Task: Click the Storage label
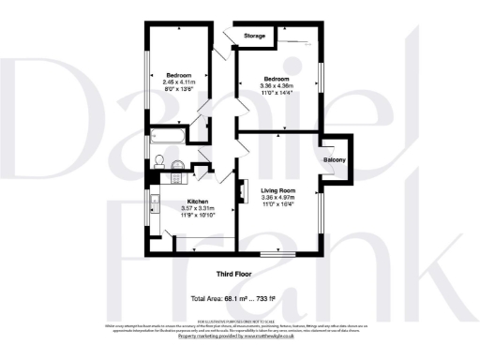pos(254,37)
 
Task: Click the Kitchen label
pos(198,202)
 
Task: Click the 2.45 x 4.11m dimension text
pos(179,82)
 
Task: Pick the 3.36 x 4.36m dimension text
pos(276,86)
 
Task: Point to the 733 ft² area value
pos(265,298)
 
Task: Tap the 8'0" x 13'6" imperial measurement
pos(179,90)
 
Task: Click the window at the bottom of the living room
pos(277,253)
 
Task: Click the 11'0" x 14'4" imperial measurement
pos(276,94)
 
